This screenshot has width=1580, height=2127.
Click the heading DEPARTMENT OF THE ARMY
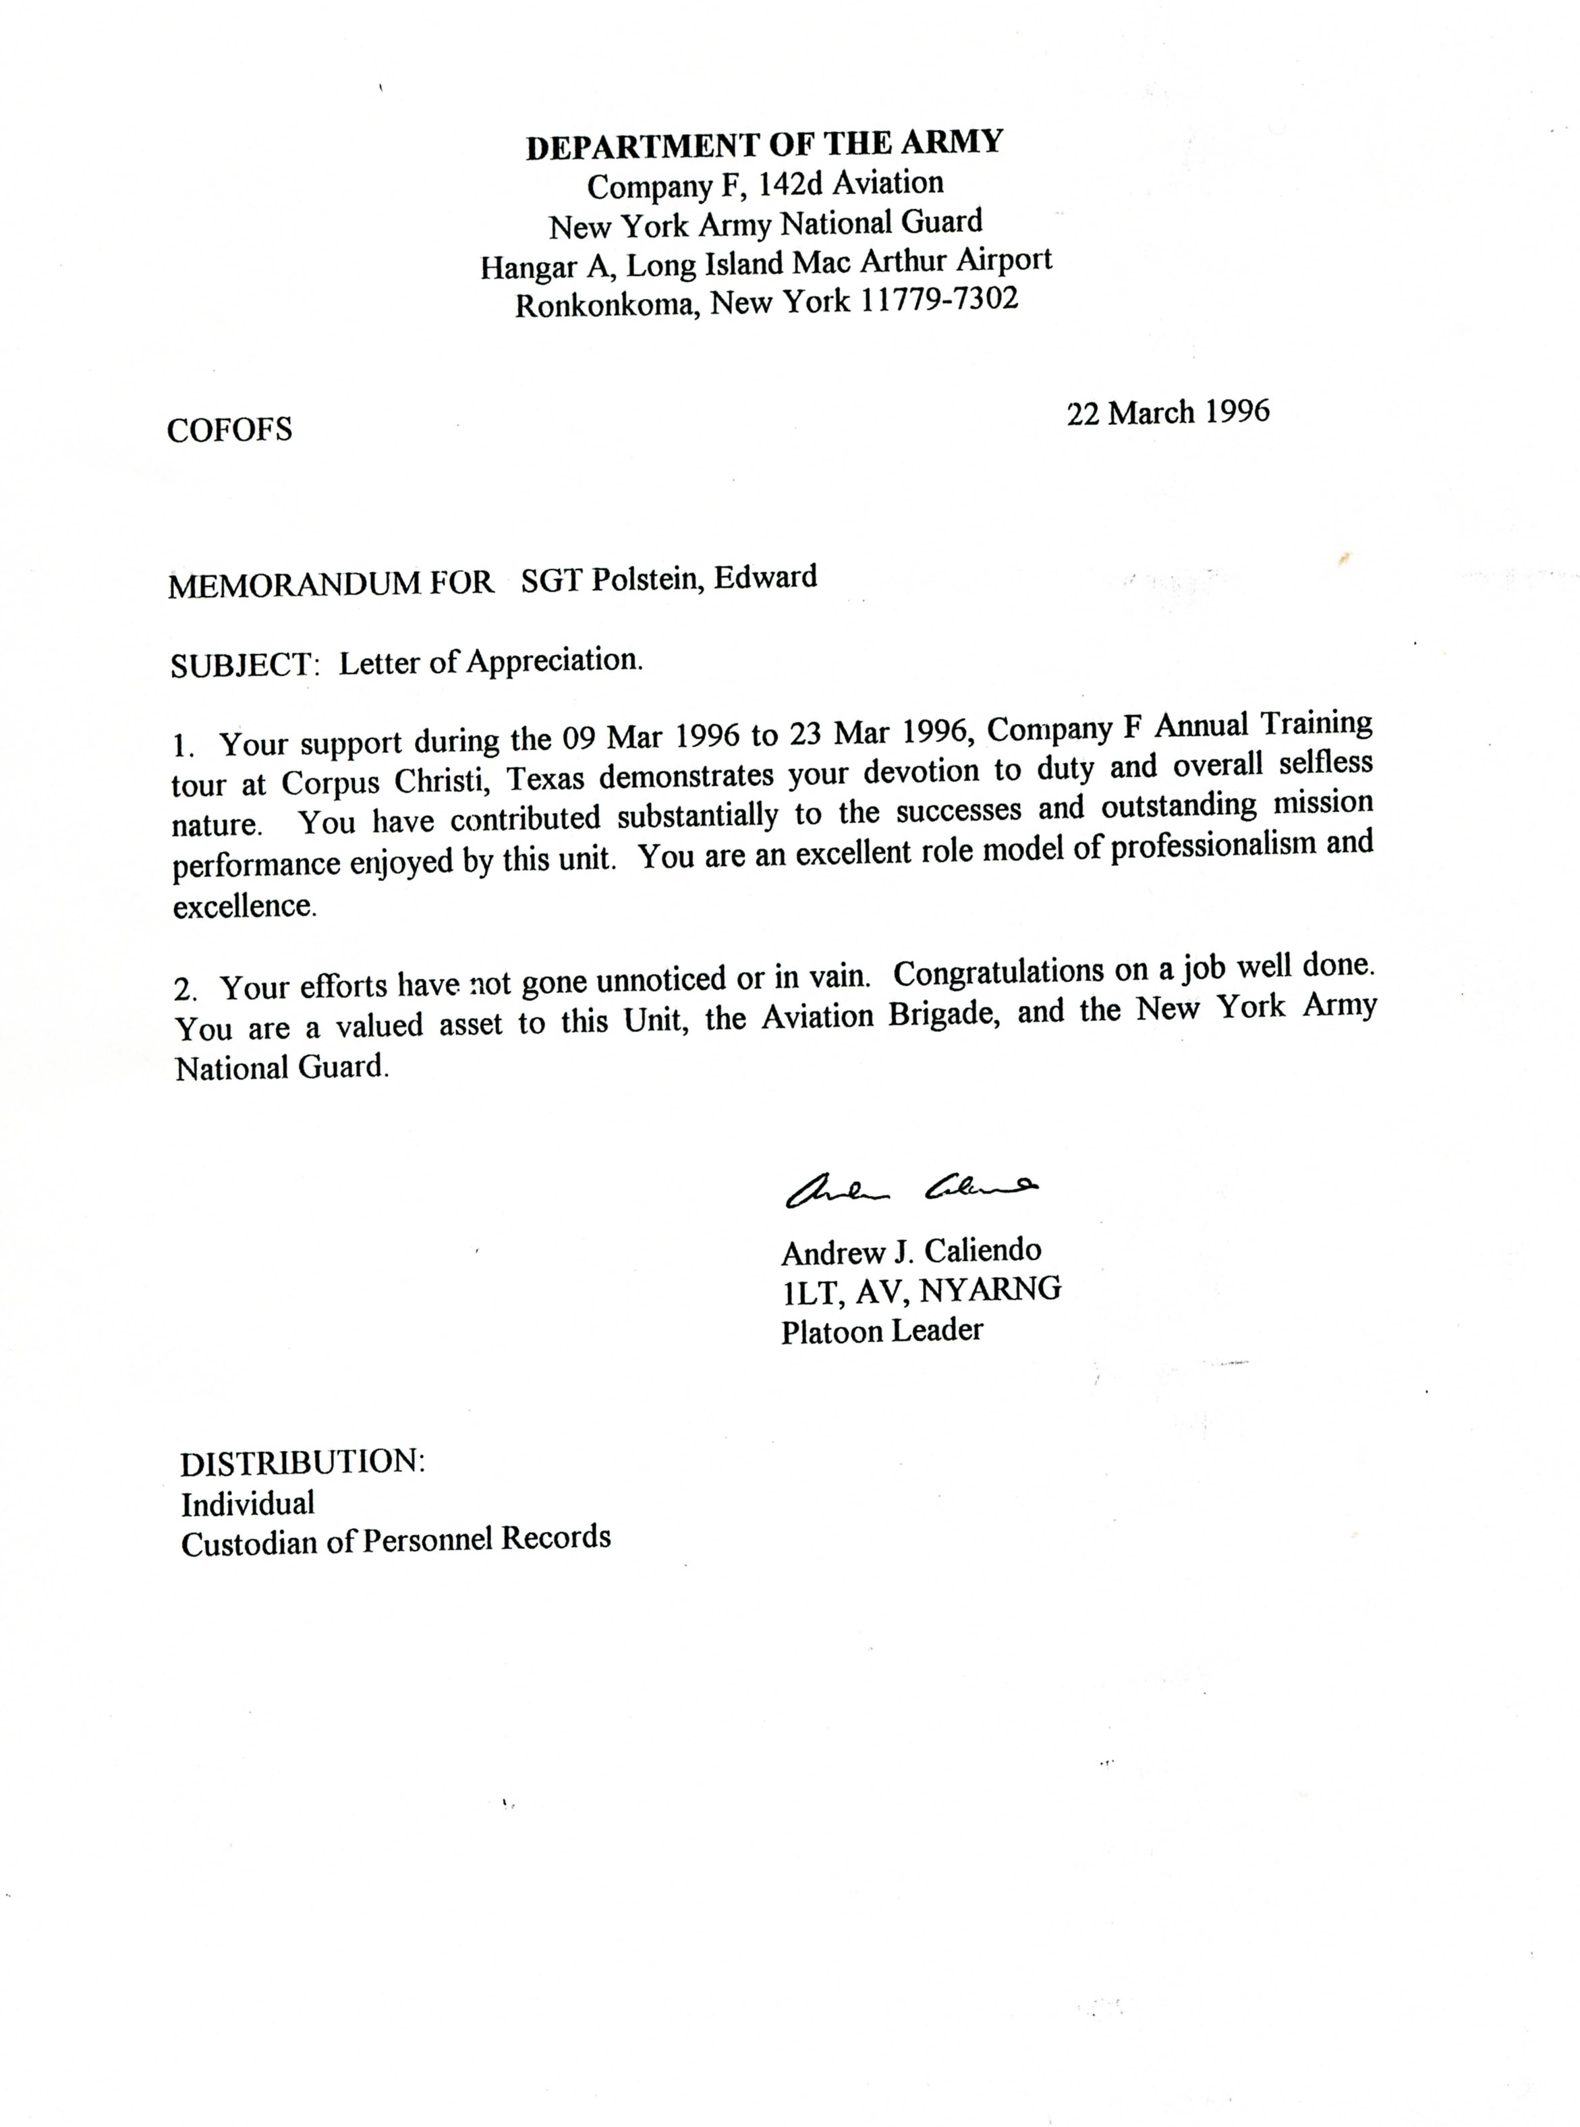[764, 144]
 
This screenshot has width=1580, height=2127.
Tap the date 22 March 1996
[1168, 413]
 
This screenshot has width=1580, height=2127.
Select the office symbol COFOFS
[229, 430]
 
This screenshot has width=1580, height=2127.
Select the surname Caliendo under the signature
[982, 1250]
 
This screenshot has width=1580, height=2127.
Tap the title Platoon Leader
[882, 1330]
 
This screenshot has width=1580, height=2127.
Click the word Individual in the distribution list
[248, 1504]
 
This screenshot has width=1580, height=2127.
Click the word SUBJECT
[243, 664]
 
